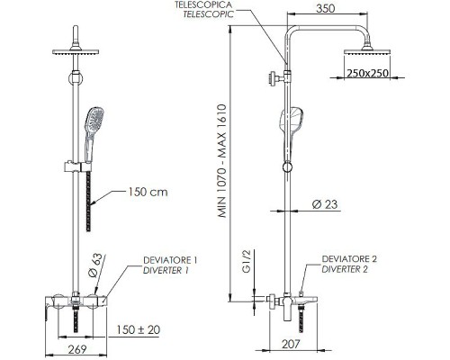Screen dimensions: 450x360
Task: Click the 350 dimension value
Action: pos(326,8)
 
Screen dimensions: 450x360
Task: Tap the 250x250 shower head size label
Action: pos(367,73)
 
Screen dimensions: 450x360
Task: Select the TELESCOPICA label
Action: pos(203,4)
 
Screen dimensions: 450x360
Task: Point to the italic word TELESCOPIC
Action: pos(208,14)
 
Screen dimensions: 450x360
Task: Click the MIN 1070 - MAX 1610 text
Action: pos(222,161)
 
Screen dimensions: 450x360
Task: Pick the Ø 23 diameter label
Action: pos(325,204)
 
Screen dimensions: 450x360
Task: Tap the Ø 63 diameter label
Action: pos(96,265)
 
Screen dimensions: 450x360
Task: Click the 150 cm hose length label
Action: pos(148,192)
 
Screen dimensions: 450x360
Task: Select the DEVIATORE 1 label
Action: pos(170,260)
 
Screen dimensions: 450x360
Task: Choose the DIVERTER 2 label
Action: pos(345,269)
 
